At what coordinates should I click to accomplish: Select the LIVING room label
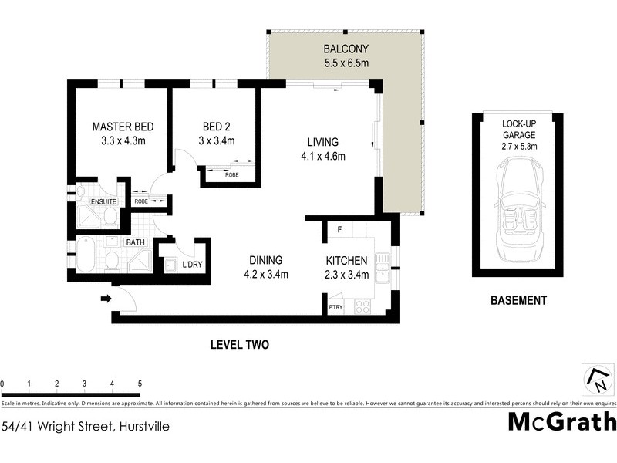(x=322, y=142)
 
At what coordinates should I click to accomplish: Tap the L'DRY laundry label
(x=191, y=265)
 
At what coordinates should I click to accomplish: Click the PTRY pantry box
(x=335, y=307)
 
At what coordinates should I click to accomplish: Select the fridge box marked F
(x=338, y=230)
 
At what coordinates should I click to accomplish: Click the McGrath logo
(x=562, y=422)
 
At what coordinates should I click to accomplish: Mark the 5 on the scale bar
(x=140, y=384)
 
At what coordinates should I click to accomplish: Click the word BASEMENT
(x=518, y=301)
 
